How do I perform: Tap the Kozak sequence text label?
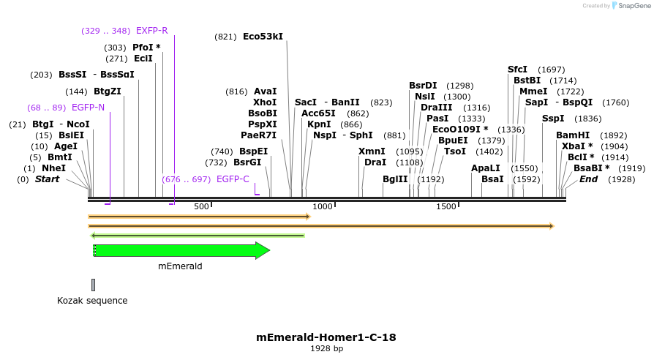coord(92,301)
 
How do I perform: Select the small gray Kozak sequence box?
coord(93,285)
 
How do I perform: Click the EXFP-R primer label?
coord(151,31)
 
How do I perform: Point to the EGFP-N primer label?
coord(88,108)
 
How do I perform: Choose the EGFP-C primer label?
coord(233,179)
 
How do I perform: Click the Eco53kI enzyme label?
coord(263,36)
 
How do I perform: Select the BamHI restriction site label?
coord(572,135)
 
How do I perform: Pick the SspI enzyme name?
coord(553,119)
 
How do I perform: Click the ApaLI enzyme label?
coord(486,168)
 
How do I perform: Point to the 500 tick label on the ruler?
coord(202,207)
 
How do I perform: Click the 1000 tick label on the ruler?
coord(323,207)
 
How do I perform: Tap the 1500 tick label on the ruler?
coord(446,207)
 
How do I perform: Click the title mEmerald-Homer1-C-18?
coord(326,337)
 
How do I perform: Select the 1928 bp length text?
coord(326,349)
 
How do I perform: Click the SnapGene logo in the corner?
coord(631,6)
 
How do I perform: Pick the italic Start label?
coord(47,179)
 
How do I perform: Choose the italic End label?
coord(588,179)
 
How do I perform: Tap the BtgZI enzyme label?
coord(108,91)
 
